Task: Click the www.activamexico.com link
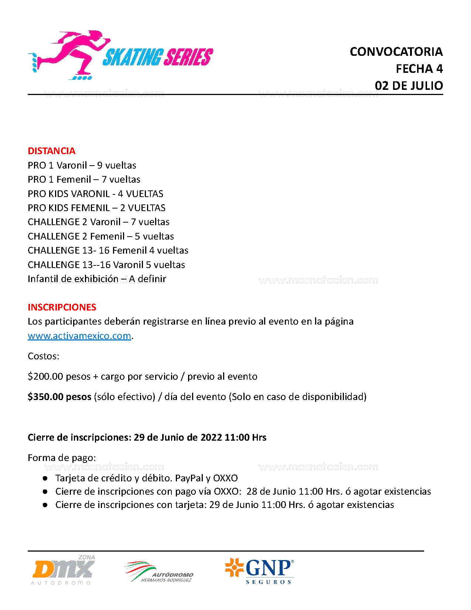pos(79,336)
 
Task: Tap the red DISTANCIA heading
pos(51,151)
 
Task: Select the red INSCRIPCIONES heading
pos(62,307)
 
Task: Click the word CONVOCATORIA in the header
pos(396,52)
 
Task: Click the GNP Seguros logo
pos(260,570)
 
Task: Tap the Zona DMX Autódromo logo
pos(63,570)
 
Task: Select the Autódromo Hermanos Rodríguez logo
pos(160,572)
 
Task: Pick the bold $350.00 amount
pos(45,397)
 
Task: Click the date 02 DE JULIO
pos(409,86)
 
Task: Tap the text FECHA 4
pos(419,69)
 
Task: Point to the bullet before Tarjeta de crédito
pos(45,478)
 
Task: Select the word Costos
pos(43,356)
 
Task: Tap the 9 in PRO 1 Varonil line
pos(99,165)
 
